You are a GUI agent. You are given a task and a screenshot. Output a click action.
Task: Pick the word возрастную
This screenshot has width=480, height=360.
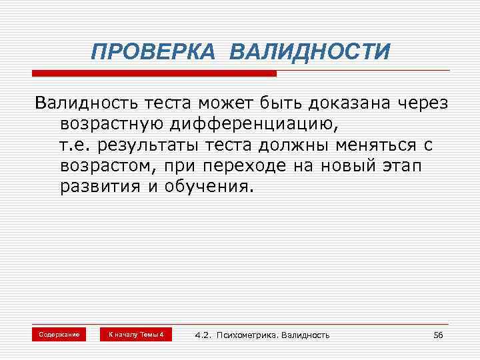tap(107, 124)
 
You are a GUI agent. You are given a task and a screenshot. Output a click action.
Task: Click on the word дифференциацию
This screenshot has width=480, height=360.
tap(251, 124)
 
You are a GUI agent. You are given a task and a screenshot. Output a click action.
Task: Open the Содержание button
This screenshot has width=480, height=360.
tap(59, 334)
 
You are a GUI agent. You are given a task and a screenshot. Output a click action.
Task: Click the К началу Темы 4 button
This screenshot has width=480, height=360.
tap(136, 334)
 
